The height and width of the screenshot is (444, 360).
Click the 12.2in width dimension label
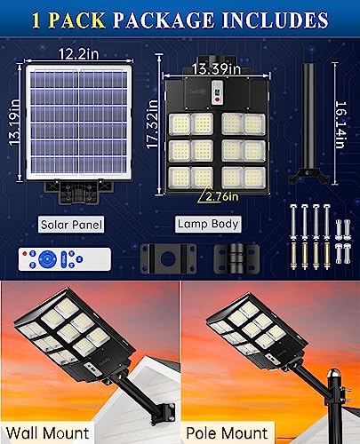[78, 54]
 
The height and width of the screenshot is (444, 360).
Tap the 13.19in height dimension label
[14, 123]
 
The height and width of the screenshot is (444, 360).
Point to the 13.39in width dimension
[216, 69]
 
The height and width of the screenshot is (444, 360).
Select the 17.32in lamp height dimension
[152, 124]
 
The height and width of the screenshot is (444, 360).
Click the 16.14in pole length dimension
[341, 124]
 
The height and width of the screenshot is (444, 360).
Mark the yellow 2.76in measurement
[222, 196]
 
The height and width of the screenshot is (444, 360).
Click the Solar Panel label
[71, 225]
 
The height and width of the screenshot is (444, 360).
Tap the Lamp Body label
[208, 224]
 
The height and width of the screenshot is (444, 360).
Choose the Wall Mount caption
[48, 433]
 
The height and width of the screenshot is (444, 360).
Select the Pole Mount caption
[227, 433]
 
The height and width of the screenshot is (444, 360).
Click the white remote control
[65, 259]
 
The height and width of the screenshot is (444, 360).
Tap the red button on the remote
[25, 254]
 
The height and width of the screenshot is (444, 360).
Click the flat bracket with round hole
[168, 258]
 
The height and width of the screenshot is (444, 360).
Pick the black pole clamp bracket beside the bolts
[236, 258]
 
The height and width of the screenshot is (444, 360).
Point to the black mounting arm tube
[308, 123]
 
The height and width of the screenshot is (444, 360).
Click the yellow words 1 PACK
[68, 20]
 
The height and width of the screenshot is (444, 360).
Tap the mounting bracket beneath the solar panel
[78, 192]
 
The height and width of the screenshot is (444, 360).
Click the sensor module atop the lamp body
[218, 91]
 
